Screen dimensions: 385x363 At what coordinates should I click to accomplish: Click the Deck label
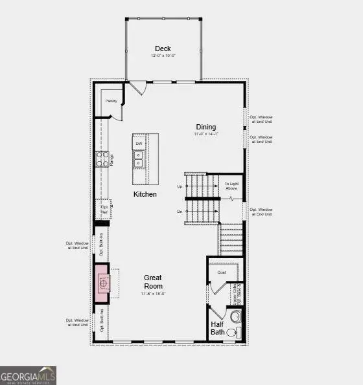(162, 49)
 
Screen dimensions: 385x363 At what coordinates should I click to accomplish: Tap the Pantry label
(111, 101)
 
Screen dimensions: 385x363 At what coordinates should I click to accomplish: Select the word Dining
(207, 127)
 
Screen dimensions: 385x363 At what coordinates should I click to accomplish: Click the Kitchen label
(145, 194)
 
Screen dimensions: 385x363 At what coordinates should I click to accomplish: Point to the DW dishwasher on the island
(139, 144)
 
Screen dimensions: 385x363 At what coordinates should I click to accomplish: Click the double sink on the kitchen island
(139, 159)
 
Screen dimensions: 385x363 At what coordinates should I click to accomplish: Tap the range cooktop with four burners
(102, 159)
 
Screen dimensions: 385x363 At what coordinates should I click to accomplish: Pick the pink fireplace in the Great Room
(102, 282)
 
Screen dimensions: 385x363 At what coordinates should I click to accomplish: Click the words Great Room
(154, 281)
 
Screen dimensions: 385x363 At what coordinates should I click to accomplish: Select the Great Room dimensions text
(154, 294)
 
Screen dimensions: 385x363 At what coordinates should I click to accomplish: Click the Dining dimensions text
(207, 135)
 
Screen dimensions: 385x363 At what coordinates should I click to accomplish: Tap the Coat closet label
(221, 272)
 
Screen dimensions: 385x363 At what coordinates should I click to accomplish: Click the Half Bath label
(217, 327)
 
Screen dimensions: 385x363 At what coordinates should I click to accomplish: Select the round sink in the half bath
(235, 317)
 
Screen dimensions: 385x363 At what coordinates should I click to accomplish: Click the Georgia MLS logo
(28, 375)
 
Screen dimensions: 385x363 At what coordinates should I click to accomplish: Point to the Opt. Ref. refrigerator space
(104, 208)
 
